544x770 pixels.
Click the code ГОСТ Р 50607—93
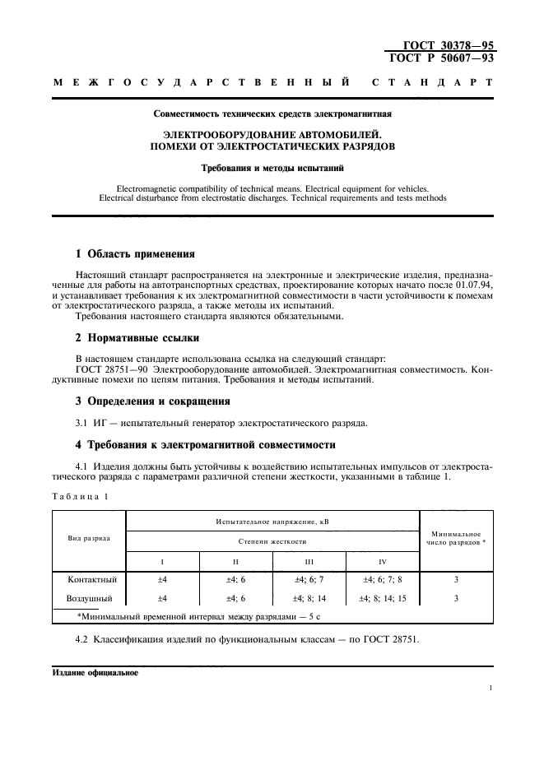[441, 59]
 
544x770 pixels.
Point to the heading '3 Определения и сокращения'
[152, 401]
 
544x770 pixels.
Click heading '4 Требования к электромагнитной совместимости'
[205, 445]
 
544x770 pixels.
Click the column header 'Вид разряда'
[88, 537]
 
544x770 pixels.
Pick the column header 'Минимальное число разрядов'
[456, 538]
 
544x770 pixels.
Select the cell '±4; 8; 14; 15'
[383, 598]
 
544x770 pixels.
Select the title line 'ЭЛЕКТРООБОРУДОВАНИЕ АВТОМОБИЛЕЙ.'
[272, 133]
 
